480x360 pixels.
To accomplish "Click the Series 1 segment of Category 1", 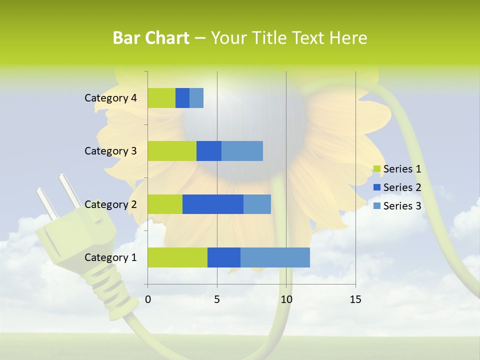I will [x=177, y=257].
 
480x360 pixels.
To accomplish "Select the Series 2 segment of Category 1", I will [x=224, y=257].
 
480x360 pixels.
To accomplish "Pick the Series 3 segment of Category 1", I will [x=275, y=257].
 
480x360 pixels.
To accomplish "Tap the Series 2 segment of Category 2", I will [x=213, y=204].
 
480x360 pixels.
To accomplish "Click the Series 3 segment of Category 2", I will [x=257, y=204].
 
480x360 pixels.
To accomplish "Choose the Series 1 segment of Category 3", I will [x=172, y=151].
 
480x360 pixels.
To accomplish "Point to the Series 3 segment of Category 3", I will [x=242, y=151].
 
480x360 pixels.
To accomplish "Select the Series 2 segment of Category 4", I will [x=182, y=98].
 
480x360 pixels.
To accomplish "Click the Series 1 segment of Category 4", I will [x=161, y=98].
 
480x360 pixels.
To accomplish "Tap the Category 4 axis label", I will [x=110, y=98].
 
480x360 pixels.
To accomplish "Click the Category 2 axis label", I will [x=110, y=204].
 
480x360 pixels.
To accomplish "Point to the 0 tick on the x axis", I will [x=148, y=299].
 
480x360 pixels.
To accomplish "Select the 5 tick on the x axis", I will [x=217, y=299].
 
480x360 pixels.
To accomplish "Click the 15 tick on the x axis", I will [x=355, y=299].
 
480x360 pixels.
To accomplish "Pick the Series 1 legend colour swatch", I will [x=377, y=169].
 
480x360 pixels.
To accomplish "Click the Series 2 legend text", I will [x=402, y=187].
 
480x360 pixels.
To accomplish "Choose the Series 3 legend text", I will [x=402, y=206].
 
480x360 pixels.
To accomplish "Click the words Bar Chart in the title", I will [x=151, y=38].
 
